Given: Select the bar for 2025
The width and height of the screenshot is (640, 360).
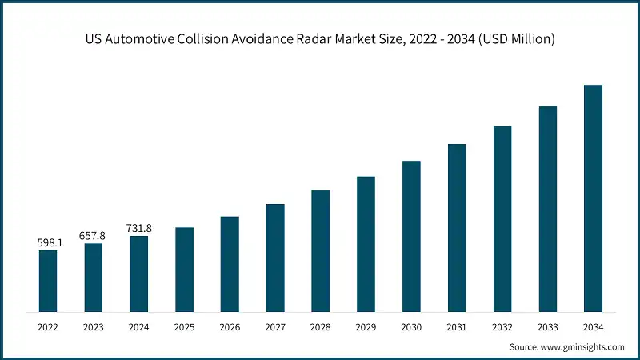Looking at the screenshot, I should pyautogui.click(x=185, y=269).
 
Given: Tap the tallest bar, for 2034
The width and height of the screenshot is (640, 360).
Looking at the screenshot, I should pyautogui.click(x=593, y=198).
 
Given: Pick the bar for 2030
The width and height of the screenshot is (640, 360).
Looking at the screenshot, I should pyautogui.click(x=411, y=235).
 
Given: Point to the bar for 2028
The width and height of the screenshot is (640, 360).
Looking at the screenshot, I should pyautogui.click(x=321, y=250).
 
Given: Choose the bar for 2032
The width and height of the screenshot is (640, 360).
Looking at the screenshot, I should pyautogui.click(x=502, y=218).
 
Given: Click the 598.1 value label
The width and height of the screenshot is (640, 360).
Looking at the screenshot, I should pyautogui.click(x=48, y=242).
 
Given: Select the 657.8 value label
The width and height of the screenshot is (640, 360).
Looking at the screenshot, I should pyautogui.click(x=94, y=235).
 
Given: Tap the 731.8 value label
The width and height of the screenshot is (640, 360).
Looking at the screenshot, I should pyautogui.click(x=139, y=228).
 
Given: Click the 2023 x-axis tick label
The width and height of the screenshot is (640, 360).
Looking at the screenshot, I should pyautogui.click(x=94, y=327).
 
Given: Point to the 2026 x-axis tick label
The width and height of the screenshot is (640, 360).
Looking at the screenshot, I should pyautogui.click(x=230, y=327).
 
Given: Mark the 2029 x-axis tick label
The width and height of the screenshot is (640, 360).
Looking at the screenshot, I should pyautogui.click(x=366, y=327).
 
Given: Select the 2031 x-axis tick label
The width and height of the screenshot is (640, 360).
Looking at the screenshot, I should pyautogui.click(x=457, y=327).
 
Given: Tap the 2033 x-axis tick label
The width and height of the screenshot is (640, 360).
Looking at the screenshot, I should pyautogui.click(x=547, y=327).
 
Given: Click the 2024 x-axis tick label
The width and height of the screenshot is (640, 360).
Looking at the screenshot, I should pyautogui.click(x=139, y=327).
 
